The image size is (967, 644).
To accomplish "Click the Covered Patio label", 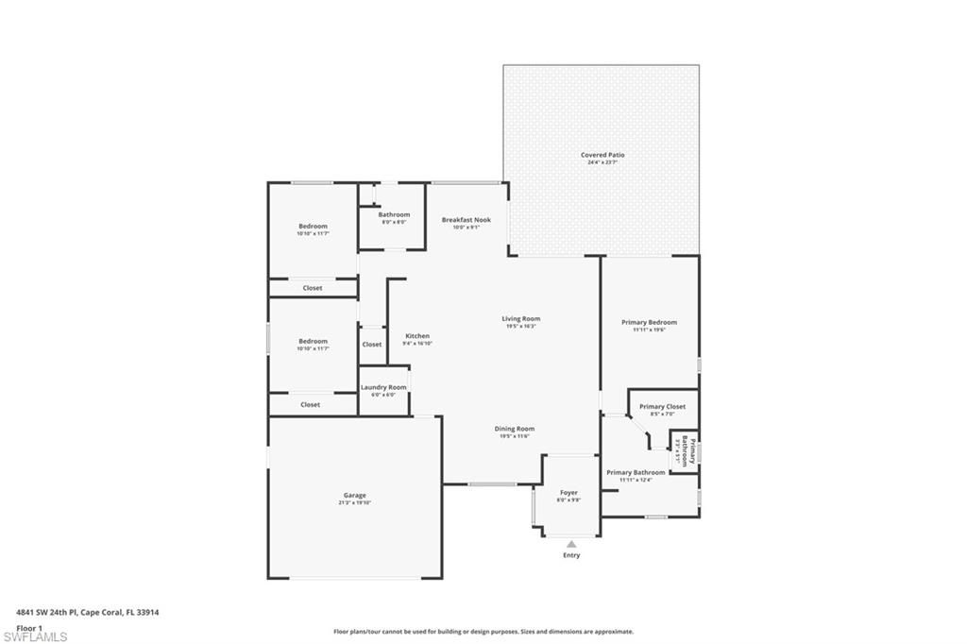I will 602,155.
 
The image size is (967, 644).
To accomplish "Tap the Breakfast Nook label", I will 467,220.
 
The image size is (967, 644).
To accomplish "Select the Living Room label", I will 520,319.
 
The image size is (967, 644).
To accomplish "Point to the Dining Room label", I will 515,429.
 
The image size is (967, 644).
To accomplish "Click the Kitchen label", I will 417,336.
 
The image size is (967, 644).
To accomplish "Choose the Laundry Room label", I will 383,387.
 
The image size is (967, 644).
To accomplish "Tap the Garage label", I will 354,496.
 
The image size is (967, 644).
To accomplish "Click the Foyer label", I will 568,493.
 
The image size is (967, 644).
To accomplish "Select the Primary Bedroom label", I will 649,323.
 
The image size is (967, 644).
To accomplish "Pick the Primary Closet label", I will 662,407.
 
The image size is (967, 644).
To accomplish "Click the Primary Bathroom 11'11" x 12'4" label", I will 636,473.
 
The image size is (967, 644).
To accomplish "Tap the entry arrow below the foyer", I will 571,543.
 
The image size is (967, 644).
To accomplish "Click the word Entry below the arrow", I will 571,555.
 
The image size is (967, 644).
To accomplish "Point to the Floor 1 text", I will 30,627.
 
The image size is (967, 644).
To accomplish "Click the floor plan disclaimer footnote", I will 483,632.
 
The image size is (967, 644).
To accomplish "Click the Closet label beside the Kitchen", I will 372,345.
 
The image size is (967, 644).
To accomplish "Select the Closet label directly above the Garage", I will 311,404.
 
